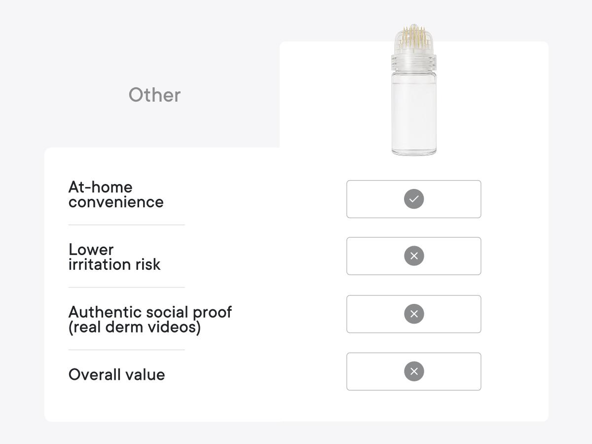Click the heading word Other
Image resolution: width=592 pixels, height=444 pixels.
pyautogui.click(x=154, y=95)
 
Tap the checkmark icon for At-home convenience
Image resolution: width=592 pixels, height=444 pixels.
pyautogui.click(x=414, y=199)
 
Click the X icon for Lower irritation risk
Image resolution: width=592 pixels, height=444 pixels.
pyautogui.click(x=414, y=256)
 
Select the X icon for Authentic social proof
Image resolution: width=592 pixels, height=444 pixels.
pyautogui.click(x=414, y=314)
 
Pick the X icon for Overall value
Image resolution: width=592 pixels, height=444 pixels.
pyautogui.click(x=414, y=371)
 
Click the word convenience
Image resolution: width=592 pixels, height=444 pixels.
pyautogui.click(x=116, y=202)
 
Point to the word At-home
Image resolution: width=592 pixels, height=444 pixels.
pyautogui.click(x=100, y=187)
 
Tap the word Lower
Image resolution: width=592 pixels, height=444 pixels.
pyautogui.click(x=91, y=249)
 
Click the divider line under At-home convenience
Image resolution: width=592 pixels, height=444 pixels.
pyautogui.click(x=126, y=225)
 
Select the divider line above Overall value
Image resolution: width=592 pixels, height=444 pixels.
pyautogui.click(x=126, y=350)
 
